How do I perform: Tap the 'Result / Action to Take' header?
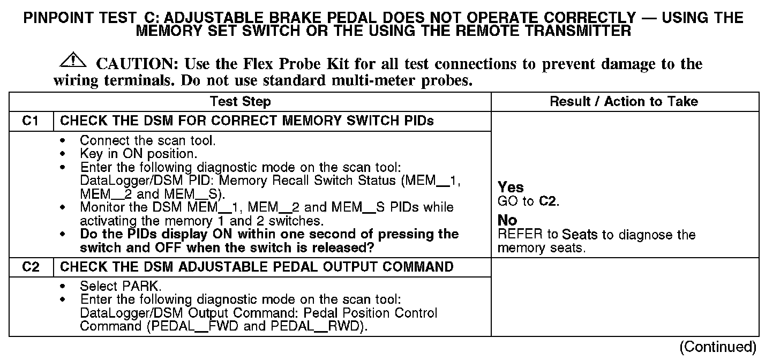[x=624, y=101]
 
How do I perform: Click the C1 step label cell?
[x=31, y=121]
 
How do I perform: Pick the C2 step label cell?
[x=31, y=267]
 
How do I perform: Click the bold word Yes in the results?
[x=511, y=187]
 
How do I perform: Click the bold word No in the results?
[x=507, y=220]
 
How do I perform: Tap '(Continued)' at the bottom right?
[x=717, y=347]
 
